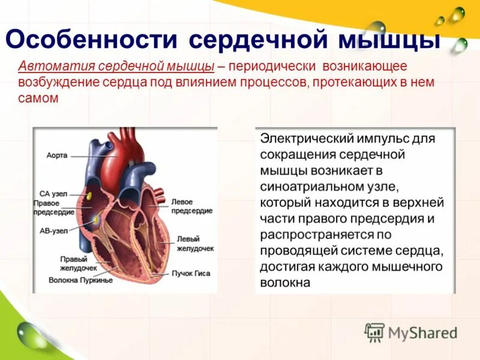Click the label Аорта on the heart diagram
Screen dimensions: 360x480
57,155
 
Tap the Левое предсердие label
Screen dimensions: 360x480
190,206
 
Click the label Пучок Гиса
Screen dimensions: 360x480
191,273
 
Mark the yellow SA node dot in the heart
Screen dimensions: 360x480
88,195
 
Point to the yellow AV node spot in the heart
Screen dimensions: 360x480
95,221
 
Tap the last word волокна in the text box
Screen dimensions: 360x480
285,282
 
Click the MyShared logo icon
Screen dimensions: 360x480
375,332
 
